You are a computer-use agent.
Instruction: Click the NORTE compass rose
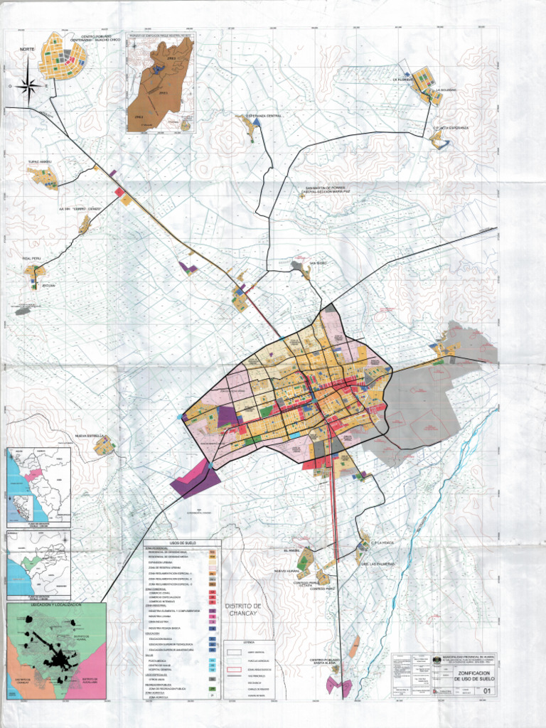(x=28, y=85)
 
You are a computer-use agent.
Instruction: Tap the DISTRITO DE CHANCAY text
(x=244, y=609)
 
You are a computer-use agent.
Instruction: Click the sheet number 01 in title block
(x=486, y=690)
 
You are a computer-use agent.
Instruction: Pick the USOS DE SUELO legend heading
(x=183, y=543)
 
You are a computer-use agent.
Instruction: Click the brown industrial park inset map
(x=161, y=84)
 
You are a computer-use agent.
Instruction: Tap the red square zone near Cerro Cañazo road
(x=118, y=191)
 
